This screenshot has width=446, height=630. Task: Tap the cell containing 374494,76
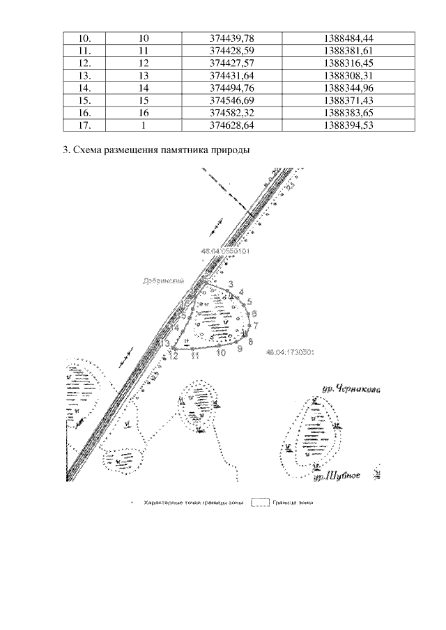[x=230, y=88]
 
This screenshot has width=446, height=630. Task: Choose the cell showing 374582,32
[x=230, y=113]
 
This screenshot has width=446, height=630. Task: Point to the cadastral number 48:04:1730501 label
[x=291, y=352]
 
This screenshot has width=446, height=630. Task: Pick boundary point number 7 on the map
[x=256, y=325]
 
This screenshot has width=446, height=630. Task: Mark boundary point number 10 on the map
[x=221, y=353]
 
